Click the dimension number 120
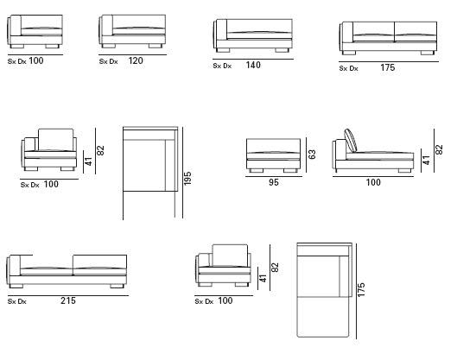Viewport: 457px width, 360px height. click(136, 60)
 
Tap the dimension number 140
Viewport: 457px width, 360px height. click(253, 65)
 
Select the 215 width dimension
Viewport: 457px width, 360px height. click(68, 300)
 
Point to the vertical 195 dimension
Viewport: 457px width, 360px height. click(187, 178)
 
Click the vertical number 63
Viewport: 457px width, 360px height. click(312, 155)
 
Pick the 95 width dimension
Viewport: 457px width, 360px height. click(274, 182)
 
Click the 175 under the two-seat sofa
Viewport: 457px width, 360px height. click(388, 67)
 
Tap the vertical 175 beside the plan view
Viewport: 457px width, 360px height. click(361, 290)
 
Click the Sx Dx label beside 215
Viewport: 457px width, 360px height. click(17, 301)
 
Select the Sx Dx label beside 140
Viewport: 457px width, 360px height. click(222, 66)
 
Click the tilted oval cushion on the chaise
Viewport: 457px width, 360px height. click(351, 141)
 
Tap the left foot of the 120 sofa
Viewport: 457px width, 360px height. click(109, 46)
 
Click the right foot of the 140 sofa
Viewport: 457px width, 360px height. click(282, 50)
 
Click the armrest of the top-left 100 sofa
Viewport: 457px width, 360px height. click(16, 26)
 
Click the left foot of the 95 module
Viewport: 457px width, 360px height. click(257, 170)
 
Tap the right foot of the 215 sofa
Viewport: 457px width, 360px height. click(117, 286)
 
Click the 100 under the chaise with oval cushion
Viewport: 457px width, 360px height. click(373, 182)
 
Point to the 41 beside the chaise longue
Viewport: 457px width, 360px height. click(426, 161)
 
